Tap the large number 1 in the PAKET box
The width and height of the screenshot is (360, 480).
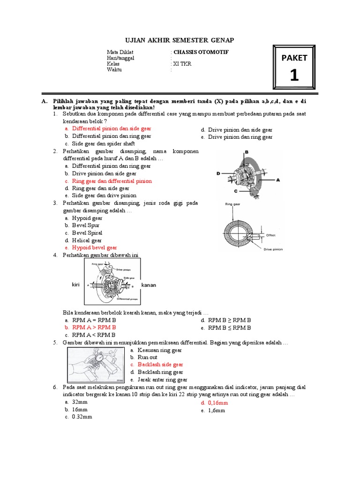click(294, 75)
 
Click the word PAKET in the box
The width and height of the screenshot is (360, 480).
click(294, 58)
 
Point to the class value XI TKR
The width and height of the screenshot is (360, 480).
click(182, 64)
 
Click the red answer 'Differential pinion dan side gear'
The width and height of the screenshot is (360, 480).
click(112, 128)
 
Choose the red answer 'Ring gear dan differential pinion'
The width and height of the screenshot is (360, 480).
click(112, 181)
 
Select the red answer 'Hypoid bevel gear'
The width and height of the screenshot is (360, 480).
click(94, 247)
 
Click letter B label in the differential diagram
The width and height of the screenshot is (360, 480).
click(246, 152)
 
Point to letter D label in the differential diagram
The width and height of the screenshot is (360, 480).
click(218, 173)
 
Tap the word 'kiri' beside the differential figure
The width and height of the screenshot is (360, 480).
click(76, 285)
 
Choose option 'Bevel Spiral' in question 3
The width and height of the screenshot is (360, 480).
click(87, 233)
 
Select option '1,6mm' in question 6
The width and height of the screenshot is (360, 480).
click(216, 410)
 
